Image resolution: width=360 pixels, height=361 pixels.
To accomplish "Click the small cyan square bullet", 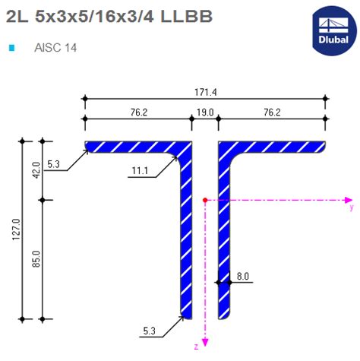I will (x=11, y=47).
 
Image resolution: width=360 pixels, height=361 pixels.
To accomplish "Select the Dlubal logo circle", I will (x=333, y=29).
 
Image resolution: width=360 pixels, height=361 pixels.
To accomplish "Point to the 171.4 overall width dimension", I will (x=205, y=92).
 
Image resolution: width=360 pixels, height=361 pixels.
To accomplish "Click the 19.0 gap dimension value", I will (x=205, y=112).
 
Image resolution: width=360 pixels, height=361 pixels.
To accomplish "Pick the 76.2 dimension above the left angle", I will (x=137, y=112).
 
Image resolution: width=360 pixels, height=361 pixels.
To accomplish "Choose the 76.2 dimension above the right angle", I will (x=271, y=112).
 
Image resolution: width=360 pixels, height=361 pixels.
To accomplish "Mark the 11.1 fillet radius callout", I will (x=138, y=171).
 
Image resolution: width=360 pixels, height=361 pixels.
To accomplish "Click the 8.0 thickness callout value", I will (x=242, y=277).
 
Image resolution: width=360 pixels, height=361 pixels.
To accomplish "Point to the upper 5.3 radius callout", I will (x=52, y=164).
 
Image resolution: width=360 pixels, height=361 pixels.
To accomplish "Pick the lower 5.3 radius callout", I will (x=150, y=330).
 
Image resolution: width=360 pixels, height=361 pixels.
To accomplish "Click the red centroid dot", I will (x=205, y=200).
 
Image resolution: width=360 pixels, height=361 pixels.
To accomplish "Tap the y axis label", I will (x=350, y=206).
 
